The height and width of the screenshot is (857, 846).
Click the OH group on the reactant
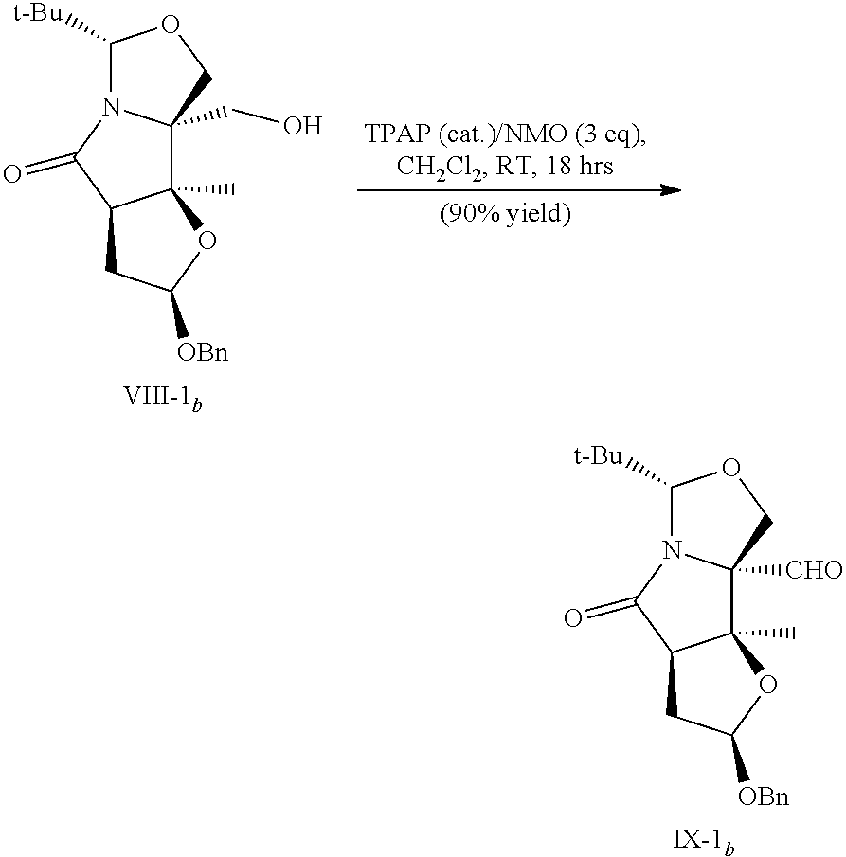(x=302, y=126)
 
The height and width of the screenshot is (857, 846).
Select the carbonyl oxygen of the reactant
(x=12, y=173)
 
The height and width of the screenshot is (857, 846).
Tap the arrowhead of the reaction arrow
(x=671, y=190)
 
